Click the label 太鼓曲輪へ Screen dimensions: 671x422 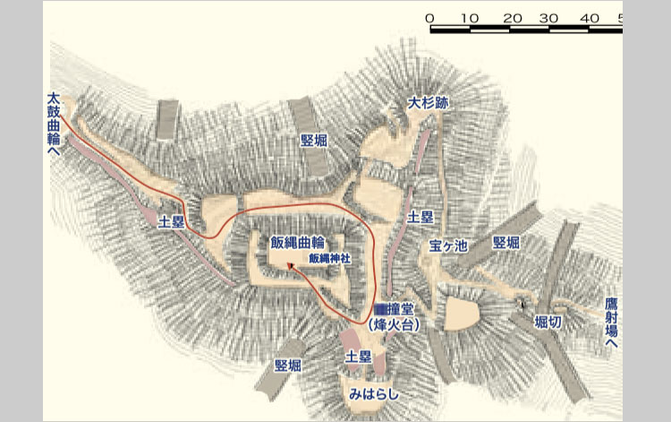[x=54, y=125]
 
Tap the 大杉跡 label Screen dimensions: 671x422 [x=428, y=103]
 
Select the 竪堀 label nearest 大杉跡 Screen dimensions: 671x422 [x=313, y=140]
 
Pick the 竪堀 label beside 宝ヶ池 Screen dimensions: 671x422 [x=505, y=243]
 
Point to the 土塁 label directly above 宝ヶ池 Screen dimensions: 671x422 [x=420, y=217]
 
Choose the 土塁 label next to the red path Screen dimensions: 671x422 [x=171, y=221]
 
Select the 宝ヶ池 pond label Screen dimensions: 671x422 [x=448, y=245]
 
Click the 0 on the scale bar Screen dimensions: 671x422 [x=430, y=18]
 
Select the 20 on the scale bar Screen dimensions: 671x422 [x=512, y=18]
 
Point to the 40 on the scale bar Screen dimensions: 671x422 [x=590, y=18]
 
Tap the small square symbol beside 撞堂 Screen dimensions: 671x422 [x=379, y=307]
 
